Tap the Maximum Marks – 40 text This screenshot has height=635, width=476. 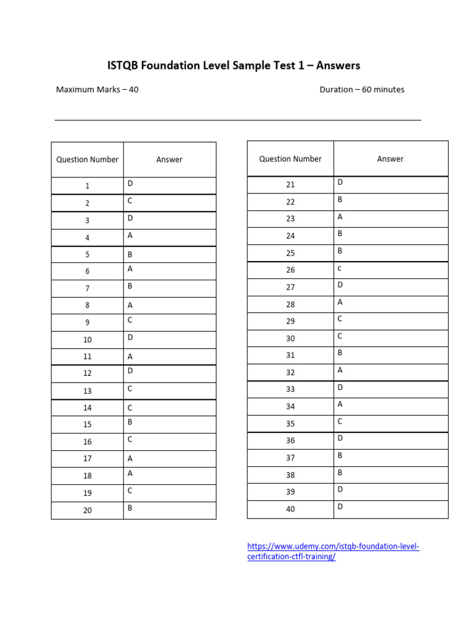click(x=97, y=89)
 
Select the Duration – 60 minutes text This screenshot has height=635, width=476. click(x=361, y=89)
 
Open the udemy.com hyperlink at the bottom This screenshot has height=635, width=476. click(x=333, y=551)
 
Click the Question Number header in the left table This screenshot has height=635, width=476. click(x=87, y=159)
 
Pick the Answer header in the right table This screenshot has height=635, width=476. click(x=390, y=159)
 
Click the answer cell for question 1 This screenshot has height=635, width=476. click(x=131, y=184)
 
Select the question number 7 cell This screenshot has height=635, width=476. click(x=87, y=288)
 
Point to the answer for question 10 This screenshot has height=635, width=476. click(x=131, y=337)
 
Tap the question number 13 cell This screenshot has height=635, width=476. click(x=87, y=391)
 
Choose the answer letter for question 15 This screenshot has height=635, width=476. click(x=131, y=422)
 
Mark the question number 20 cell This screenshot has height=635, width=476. click(x=87, y=510)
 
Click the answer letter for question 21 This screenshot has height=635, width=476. click(x=340, y=182)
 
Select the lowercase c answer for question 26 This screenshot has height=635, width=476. click(x=340, y=268)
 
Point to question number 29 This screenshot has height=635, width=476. click(x=291, y=321)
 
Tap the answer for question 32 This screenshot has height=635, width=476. click(x=340, y=370)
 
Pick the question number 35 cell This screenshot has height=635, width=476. click(x=291, y=424)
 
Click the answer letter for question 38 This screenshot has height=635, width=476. click(x=340, y=473)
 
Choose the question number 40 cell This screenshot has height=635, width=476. click(x=291, y=509)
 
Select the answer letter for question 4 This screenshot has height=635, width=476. click(x=131, y=236)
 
